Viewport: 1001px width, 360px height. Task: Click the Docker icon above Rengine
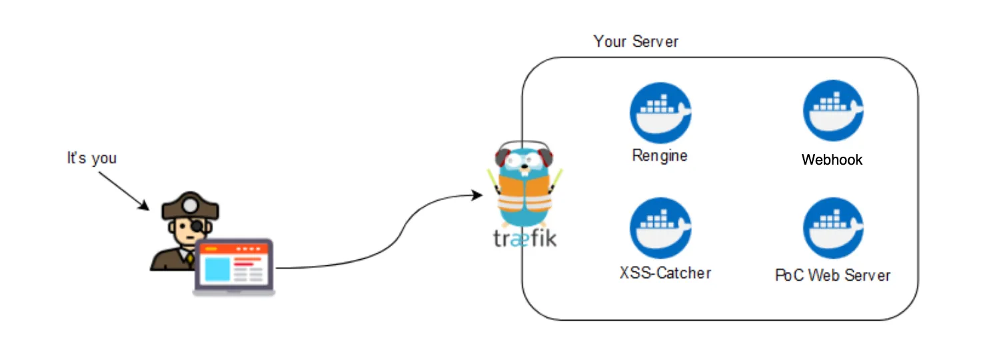coord(660,113)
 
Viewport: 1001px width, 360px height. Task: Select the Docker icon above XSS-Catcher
coord(660,228)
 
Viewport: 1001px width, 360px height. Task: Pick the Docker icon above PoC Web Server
coord(833,228)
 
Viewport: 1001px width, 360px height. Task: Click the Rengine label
coord(660,156)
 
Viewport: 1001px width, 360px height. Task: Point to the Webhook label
coord(832,159)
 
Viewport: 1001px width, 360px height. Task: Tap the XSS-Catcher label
coord(665,273)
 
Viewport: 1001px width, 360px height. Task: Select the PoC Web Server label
coord(832,275)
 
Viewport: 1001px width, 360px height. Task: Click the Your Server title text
coord(635,41)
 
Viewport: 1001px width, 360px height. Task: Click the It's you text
coord(91,158)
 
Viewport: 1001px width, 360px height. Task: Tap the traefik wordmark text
coord(520,238)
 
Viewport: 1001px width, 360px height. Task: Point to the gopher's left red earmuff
coord(502,159)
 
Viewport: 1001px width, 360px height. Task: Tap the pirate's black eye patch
coord(198,227)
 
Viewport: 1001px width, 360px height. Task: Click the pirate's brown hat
coord(189,206)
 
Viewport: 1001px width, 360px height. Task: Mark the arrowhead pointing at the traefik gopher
coord(477,195)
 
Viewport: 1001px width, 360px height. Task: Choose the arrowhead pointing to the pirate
coord(145,206)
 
